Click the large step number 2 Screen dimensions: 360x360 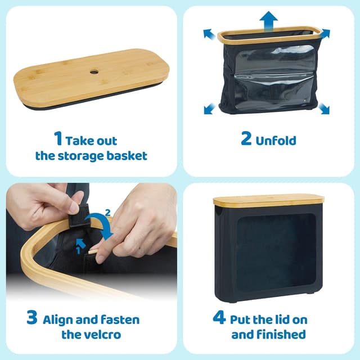pyautogui.click(x=246, y=139)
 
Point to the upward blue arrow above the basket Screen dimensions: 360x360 pyautogui.click(x=269, y=22)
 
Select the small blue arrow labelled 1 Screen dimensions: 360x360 pyautogui.click(x=79, y=242)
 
